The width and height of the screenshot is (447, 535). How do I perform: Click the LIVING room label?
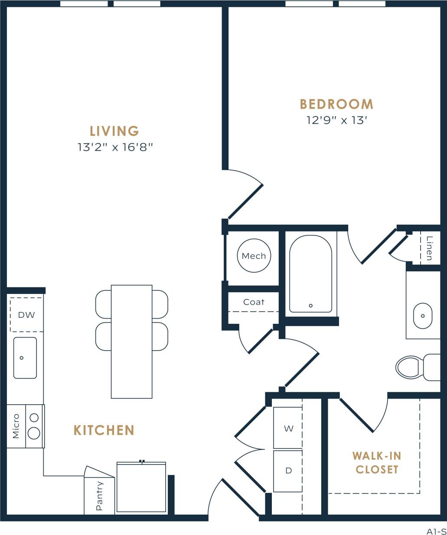pyautogui.click(x=114, y=131)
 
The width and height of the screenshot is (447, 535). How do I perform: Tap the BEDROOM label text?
pyautogui.click(x=336, y=104)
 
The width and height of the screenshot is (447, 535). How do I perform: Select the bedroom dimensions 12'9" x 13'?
pyautogui.click(x=336, y=120)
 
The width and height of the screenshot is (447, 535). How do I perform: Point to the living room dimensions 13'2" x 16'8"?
pyautogui.click(x=115, y=147)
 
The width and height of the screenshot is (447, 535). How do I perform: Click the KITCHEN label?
pyautogui.click(x=104, y=430)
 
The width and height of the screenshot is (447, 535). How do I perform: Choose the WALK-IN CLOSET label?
pyautogui.click(x=377, y=463)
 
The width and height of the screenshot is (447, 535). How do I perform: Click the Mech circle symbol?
pyautogui.click(x=254, y=256)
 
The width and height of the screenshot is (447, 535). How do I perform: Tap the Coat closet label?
pyautogui.click(x=254, y=302)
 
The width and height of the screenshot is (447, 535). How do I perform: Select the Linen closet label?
pyautogui.click(x=429, y=248)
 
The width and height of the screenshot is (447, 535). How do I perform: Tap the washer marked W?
pyautogui.click(x=288, y=428)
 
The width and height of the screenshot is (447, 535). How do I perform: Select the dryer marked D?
pyautogui.click(x=288, y=471)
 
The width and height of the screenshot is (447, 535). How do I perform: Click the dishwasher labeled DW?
pyautogui.click(x=26, y=315)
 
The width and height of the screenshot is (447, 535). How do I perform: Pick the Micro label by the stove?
pyautogui.click(x=16, y=426)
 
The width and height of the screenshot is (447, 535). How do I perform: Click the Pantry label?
pyautogui.click(x=99, y=496)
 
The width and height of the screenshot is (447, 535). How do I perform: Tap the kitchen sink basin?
pyautogui.click(x=25, y=358)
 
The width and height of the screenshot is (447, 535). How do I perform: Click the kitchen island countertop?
pyautogui.click(x=131, y=342)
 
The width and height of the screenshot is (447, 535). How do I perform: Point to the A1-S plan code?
pyautogui.click(x=436, y=531)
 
